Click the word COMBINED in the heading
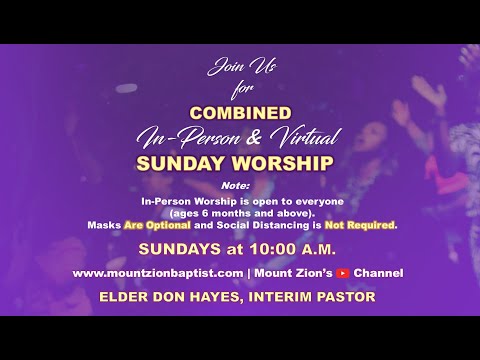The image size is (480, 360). pyautogui.click(x=240, y=114)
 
